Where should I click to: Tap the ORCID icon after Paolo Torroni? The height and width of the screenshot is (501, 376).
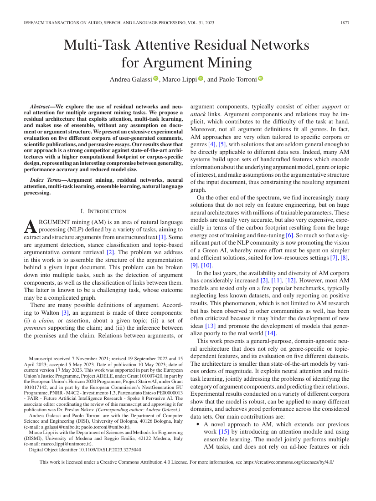click(261, 79)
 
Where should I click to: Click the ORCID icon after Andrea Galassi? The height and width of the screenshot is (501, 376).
click(155, 79)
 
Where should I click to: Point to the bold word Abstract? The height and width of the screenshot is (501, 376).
click(39, 106)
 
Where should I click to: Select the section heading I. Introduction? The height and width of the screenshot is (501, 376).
click(103, 211)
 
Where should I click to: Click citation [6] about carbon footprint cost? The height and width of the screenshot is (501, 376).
click(289, 235)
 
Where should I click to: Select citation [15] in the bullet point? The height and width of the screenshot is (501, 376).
click(224, 431)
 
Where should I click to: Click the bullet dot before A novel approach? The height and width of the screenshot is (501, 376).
click(198, 424)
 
